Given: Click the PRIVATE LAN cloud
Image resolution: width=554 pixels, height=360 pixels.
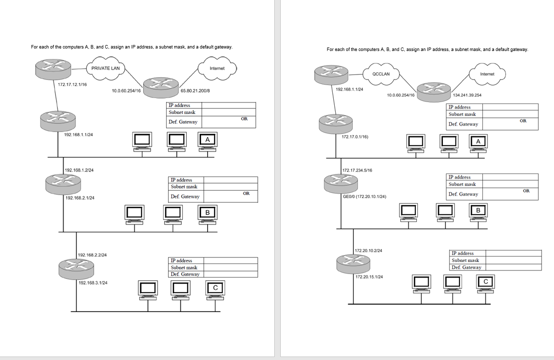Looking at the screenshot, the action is [105, 68].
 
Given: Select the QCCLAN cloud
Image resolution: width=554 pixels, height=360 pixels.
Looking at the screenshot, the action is [381, 74].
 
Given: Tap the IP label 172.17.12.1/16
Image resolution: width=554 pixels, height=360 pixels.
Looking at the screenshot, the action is [73, 84].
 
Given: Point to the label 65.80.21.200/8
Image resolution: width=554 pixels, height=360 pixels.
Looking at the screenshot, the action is [195, 90].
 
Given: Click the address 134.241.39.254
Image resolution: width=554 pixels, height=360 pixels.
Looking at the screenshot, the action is [467, 95].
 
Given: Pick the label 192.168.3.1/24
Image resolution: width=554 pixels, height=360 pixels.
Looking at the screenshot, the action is [93, 282].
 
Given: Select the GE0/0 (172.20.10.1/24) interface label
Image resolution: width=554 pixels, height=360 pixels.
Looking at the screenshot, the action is [365, 196].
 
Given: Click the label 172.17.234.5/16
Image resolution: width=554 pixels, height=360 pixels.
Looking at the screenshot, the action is [357, 170].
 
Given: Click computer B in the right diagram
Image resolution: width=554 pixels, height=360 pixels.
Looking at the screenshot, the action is [478, 214].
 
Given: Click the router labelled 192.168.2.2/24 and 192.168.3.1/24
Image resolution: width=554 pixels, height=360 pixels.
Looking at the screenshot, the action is [76, 268].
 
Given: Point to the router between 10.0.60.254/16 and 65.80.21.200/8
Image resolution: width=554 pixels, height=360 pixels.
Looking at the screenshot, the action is [161, 87].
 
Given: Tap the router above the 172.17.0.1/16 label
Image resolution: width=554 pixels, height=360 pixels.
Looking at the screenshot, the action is [336, 123].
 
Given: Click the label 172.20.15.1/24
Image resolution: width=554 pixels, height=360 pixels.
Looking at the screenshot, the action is [369, 277].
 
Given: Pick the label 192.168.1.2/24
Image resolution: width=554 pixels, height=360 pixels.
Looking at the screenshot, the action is [79, 170].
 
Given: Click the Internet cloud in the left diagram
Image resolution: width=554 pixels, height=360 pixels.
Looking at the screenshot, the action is [217, 68].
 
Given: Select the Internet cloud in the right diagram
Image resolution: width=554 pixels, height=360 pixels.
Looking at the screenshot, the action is [487, 74].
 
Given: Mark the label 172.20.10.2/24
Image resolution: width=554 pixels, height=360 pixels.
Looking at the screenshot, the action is [368, 250].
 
